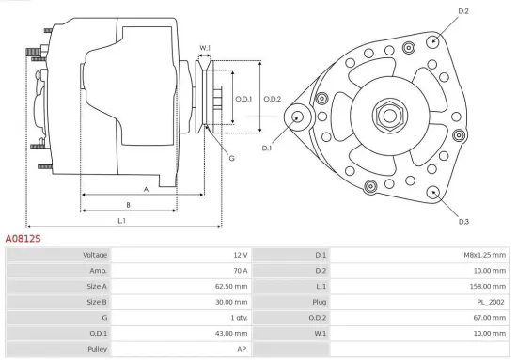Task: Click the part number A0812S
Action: coord(23,240)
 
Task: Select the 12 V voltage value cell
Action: coord(240,255)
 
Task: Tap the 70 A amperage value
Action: coord(240,271)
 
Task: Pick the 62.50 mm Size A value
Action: coord(233,287)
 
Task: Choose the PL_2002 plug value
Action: coord(489,302)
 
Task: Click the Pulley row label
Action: coord(97,349)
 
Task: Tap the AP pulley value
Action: coord(243,349)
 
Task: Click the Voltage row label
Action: coord(95,255)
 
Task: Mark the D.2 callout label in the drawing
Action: coord(462,11)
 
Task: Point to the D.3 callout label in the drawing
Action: coord(463,221)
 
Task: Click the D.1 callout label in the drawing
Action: coord(266,149)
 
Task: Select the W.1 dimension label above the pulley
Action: coord(205,47)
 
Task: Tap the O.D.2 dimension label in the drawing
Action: coord(273,99)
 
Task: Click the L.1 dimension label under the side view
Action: coord(122,220)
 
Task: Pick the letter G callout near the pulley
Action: coord(231,158)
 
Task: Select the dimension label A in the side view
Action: coord(147,188)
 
